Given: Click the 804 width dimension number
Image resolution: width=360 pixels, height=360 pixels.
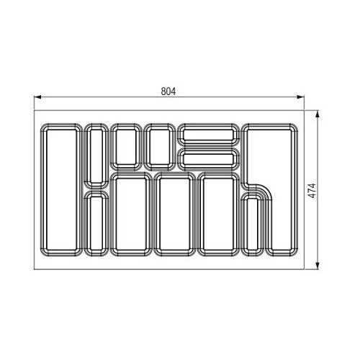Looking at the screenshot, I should point(168,91).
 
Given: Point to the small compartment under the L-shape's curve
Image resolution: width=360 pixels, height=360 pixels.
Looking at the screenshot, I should point(252,225).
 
